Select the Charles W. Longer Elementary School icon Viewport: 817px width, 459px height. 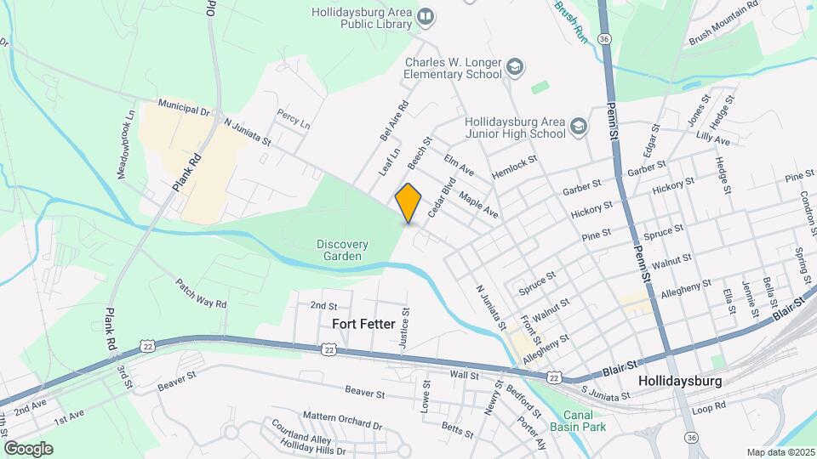514,66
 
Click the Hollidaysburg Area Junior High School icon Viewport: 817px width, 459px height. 579,126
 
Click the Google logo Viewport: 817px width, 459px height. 28,448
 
